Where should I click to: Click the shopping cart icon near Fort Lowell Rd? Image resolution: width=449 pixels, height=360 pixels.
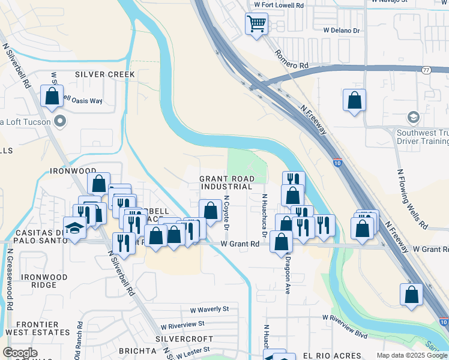(256, 25)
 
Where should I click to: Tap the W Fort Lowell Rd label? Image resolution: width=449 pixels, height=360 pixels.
(279, 5)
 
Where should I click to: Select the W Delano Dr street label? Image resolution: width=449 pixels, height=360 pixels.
(341, 30)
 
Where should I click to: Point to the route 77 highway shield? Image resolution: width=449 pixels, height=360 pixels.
(426, 70)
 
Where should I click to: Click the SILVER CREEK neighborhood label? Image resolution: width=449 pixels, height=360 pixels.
(105, 74)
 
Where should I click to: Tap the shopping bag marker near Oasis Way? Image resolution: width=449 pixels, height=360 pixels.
(52, 96)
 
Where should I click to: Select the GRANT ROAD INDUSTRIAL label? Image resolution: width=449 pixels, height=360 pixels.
(227, 183)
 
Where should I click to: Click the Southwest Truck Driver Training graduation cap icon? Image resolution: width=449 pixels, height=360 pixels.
(412, 116)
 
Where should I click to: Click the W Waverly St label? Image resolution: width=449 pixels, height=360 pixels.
(209, 310)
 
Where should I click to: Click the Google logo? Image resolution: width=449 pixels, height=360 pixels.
(20, 353)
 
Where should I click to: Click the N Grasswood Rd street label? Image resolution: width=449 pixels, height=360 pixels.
(10, 281)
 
